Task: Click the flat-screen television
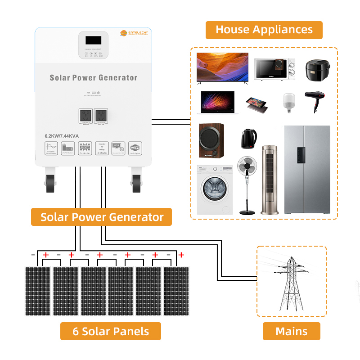click(x=222, y=67)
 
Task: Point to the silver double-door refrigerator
click(x=306, y=170)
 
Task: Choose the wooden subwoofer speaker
click(x=212, y=141)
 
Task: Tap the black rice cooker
click(x=318, y=69)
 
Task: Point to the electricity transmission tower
click(x=291, y=282)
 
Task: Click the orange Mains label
click(x=291, y=331)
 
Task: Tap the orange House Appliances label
click(x=264, y=30)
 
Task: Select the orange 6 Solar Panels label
click(x=110, y=331)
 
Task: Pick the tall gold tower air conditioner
click(x=270, y=179)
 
